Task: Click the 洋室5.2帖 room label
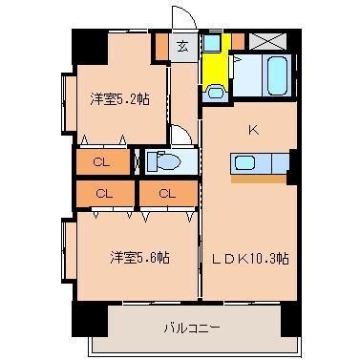pos(118,98)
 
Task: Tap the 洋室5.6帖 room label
pos(138,257)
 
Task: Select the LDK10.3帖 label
pos(244,258)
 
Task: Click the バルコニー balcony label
pos(191,328)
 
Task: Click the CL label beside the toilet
pos(101,161)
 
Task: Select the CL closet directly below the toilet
pos(166,195)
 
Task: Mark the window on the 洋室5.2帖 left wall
pos(67,102)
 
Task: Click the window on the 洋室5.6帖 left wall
pos(67,250)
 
